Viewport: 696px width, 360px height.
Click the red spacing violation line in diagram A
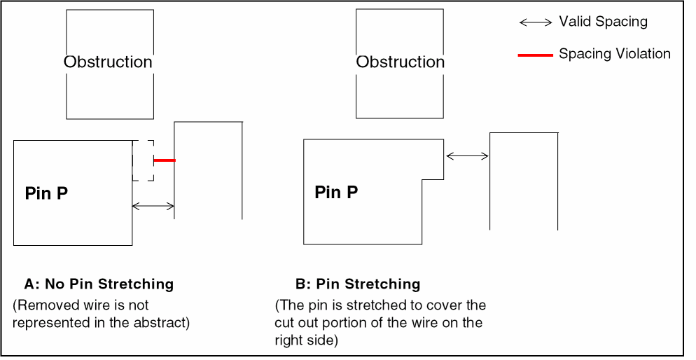click(x=165, y=160)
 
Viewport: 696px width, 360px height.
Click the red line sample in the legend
click(x=536, y=55)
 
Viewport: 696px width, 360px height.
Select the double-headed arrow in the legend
click(x=536, y=22)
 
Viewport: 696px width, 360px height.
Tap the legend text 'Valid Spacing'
click(x=603, y=22)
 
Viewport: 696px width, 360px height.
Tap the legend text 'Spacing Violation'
click(x=614, y=54)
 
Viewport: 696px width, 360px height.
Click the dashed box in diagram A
click(x=143, y=160)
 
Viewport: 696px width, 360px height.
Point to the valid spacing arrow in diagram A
click(x=153, y=206)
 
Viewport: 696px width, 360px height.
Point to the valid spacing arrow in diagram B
click(x=467, y=156)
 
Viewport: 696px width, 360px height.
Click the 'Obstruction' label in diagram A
click(x=108, y=62)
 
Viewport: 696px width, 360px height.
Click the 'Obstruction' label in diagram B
click(x=400, y=62)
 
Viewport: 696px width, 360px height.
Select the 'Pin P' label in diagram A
click(x=46, y=193)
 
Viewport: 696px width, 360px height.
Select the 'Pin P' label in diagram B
click(x=336, y=193)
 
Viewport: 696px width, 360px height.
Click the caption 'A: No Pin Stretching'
click(x=99, y=284)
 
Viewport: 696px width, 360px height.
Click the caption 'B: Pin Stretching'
click(x=358, y=284)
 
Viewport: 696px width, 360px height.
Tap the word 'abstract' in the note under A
click(x=165, y=322)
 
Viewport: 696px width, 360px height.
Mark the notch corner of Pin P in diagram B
click(x=422, y=180)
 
